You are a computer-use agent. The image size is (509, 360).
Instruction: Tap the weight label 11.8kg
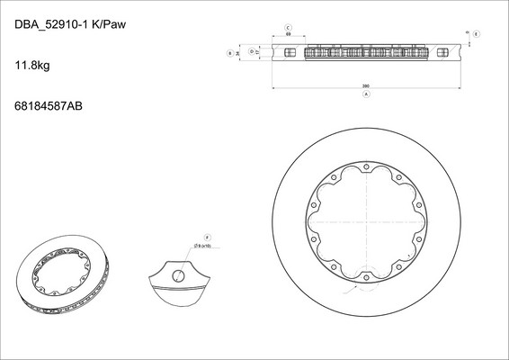click(32, 66)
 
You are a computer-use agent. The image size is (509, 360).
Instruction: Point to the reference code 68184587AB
click(49, 106)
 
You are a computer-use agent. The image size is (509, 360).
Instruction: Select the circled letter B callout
click(231, 53)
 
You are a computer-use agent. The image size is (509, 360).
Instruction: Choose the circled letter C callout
click(288, 29)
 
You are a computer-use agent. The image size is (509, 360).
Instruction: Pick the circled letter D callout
click(251, 52)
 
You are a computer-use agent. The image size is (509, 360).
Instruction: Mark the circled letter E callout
click(476, 33)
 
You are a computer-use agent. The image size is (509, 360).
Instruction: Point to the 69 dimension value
click(288, 37)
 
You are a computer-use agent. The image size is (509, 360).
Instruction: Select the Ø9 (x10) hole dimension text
click(203, 245)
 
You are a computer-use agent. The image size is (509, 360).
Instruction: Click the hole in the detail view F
click(179, 274)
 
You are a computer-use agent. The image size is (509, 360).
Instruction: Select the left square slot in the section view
click(289, 53)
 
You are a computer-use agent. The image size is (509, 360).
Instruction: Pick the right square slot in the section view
click(442, 53)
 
